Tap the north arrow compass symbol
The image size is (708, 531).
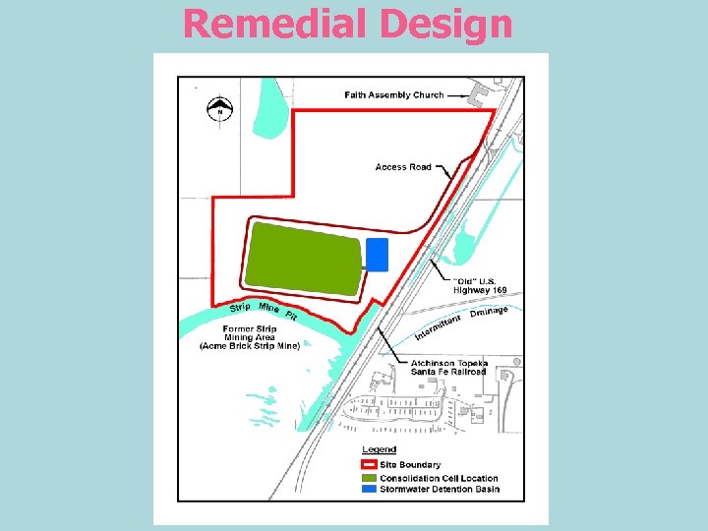[220, 109]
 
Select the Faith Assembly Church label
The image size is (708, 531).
[393, 95]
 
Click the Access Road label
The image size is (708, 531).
[403, 167]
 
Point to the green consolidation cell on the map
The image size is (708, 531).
[303, 259]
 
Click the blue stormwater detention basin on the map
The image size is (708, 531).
[377, 254]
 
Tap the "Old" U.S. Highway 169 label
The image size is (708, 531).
[479, 285]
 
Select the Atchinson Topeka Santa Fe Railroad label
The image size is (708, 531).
[448, 368]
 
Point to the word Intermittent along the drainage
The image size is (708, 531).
[437, 327]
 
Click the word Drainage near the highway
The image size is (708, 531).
[489, 313]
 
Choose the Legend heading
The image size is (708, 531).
[379, 449]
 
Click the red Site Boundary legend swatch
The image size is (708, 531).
[369, 464]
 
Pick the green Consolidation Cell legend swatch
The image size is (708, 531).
[369, 478]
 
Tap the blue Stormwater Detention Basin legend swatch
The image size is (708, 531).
[369, 489]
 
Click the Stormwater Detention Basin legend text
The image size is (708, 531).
[440, 489]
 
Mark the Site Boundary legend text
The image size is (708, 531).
[410, 464]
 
